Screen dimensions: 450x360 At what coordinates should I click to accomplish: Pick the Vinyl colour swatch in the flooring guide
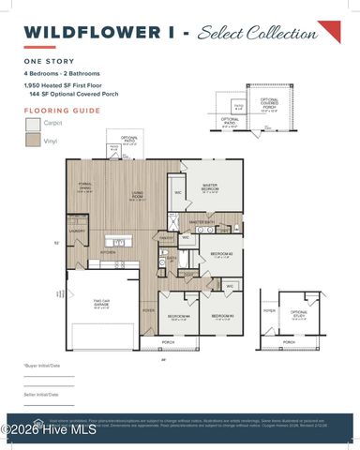[x=34, y=141]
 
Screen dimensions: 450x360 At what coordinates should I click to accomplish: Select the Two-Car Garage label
[x=102, y=305]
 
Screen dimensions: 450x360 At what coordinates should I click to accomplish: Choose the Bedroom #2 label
[x=220, y=254]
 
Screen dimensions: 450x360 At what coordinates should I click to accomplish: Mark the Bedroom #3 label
[x=221, y=317]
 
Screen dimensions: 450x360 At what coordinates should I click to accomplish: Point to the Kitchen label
[x=108, y=252]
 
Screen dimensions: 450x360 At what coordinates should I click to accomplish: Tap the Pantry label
[x=165, y=238]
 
